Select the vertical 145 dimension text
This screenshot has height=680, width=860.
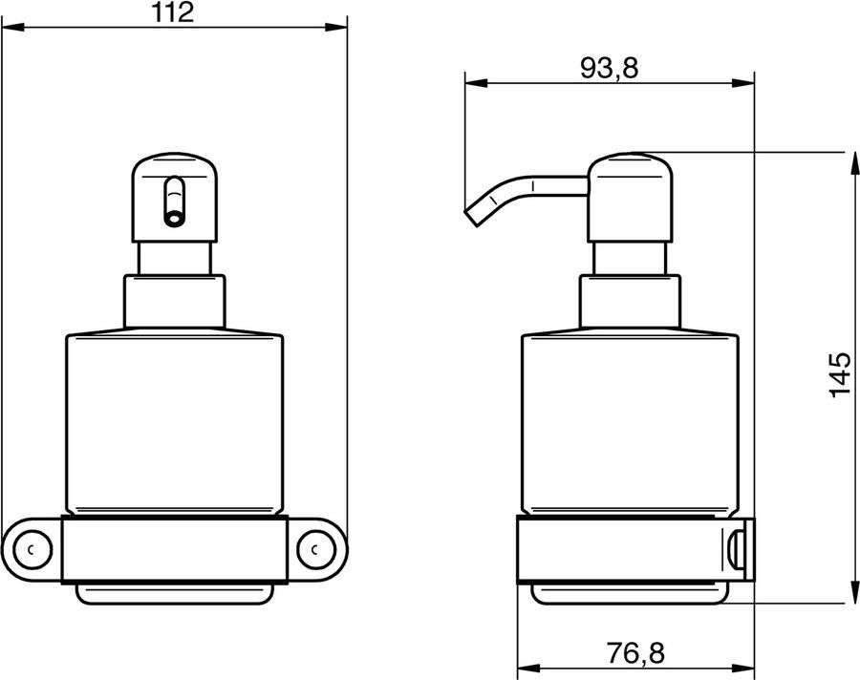(x=838, y=375)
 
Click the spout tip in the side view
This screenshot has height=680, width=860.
(x=470, y=216)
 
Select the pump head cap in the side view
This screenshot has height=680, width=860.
(x=630, y=196)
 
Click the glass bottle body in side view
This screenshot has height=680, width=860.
(x=630, y=420)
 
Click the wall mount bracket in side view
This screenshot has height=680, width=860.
(x=741, y=549)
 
